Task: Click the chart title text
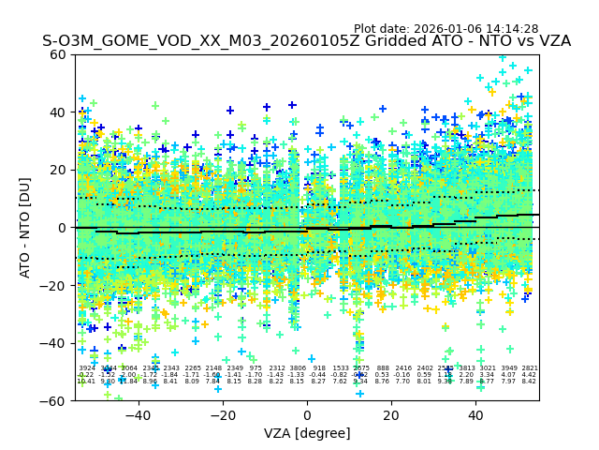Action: coord(306,41)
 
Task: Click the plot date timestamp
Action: coord(446,29)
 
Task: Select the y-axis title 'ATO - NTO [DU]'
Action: coord(26,228)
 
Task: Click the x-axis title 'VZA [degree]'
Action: coord(307,433)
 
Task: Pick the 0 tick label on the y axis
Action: coord(63,228)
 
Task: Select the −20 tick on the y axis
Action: coord(54,285)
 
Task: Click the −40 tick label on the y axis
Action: coord(54,343)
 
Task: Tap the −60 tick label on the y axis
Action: coord(54,400)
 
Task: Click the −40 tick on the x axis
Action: coord(138,414)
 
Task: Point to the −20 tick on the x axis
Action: coord(222,414)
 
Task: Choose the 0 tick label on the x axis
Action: coord(307,414)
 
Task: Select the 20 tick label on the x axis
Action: coord(391,414)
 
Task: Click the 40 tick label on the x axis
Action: coord(475,414)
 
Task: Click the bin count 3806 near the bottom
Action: coord(298,368)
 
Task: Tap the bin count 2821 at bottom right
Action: coord(529,368)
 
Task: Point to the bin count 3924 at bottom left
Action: coord(86,368)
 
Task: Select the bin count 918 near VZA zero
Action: coord(319,368)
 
